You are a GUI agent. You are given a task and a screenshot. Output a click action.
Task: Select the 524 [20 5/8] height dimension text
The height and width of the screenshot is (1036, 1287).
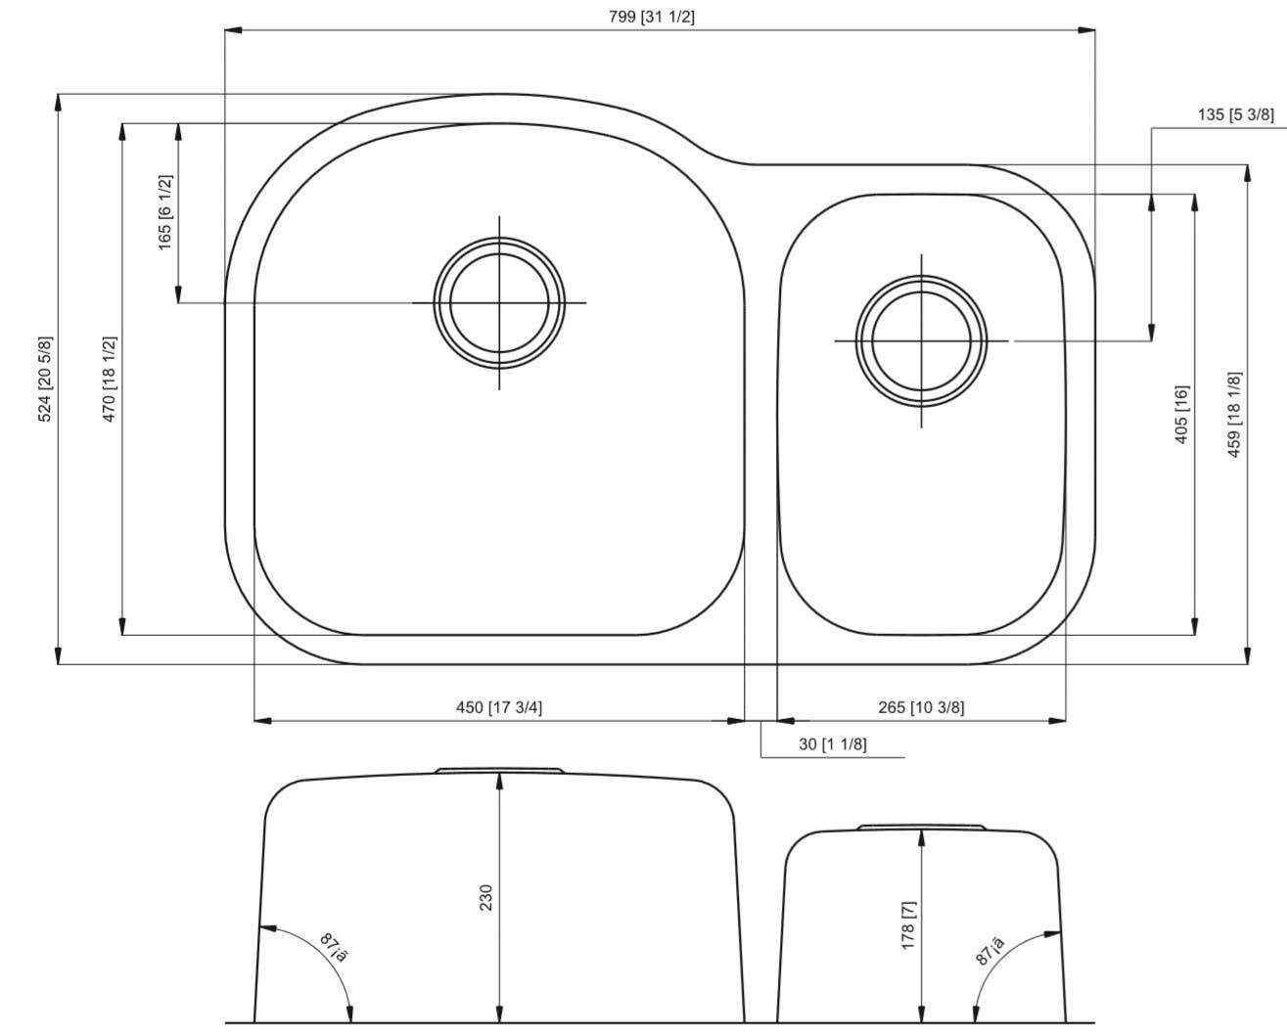45,380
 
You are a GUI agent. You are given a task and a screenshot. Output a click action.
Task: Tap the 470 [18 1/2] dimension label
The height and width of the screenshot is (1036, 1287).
110,380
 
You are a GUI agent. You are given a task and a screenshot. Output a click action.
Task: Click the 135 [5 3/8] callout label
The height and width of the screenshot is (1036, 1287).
1235,114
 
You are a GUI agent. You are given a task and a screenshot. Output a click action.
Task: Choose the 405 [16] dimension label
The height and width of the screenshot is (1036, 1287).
1181,414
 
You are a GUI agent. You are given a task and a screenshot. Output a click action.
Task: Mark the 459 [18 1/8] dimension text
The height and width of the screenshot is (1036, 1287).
1234,414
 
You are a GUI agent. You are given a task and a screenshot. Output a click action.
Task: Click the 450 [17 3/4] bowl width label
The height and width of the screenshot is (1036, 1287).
500,707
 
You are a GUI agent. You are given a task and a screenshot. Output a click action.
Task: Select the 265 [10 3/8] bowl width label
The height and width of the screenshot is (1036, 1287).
921,707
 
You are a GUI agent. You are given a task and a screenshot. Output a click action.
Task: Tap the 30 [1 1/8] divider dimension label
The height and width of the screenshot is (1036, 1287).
832,744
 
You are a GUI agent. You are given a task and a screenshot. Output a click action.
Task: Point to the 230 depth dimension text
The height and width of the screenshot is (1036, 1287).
486,898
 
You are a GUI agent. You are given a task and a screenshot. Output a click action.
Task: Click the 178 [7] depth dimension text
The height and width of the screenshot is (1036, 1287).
908,923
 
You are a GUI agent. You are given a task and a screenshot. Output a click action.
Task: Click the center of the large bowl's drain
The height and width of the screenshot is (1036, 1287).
500,302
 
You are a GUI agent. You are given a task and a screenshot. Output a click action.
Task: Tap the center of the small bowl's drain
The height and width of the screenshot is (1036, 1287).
921,340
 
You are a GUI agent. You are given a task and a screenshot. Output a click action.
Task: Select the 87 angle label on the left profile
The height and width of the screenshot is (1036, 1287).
334,948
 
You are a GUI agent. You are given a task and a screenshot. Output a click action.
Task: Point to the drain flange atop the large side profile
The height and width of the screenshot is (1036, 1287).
500,771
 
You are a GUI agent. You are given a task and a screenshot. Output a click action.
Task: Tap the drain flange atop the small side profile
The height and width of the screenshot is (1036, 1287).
921,828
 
